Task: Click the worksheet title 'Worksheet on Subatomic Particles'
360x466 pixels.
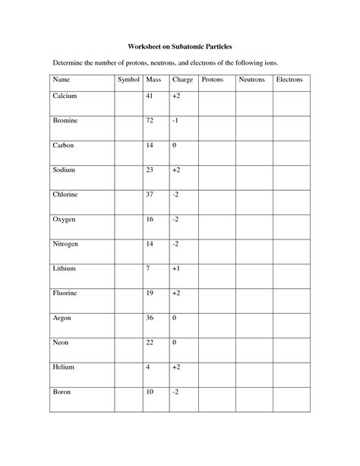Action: point(180,46)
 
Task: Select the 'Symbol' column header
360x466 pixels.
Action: point(128,80)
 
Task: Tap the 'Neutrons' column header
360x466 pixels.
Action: point(251,80)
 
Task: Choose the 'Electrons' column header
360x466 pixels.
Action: point(289,80)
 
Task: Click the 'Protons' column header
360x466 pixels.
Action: point(213,80)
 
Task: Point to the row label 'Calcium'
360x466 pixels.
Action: point(65,97)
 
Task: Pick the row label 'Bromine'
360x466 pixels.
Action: point(65,121)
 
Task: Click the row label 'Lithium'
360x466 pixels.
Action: point(65,268)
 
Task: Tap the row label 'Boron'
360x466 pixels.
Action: point(62,392)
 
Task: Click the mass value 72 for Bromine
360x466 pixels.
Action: point(149,121)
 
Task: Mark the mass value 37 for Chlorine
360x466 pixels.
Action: point(149,195)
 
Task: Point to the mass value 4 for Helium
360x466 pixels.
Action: point(149,366)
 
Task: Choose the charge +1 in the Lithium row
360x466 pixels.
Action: point(177,268)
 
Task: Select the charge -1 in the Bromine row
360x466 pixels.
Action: point(175,121)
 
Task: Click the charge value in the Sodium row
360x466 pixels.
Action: point(177,170)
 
